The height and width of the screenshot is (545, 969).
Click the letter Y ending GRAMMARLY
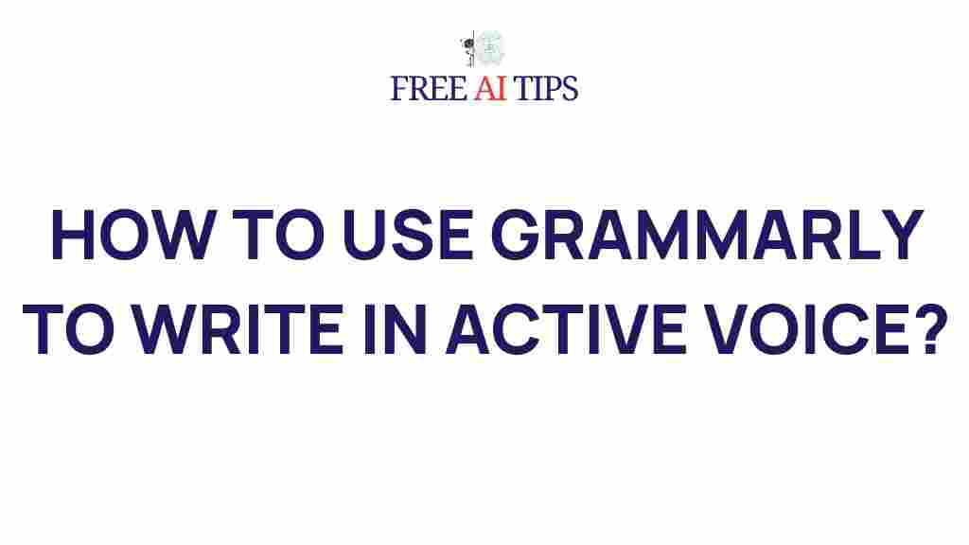coord(899,237)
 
